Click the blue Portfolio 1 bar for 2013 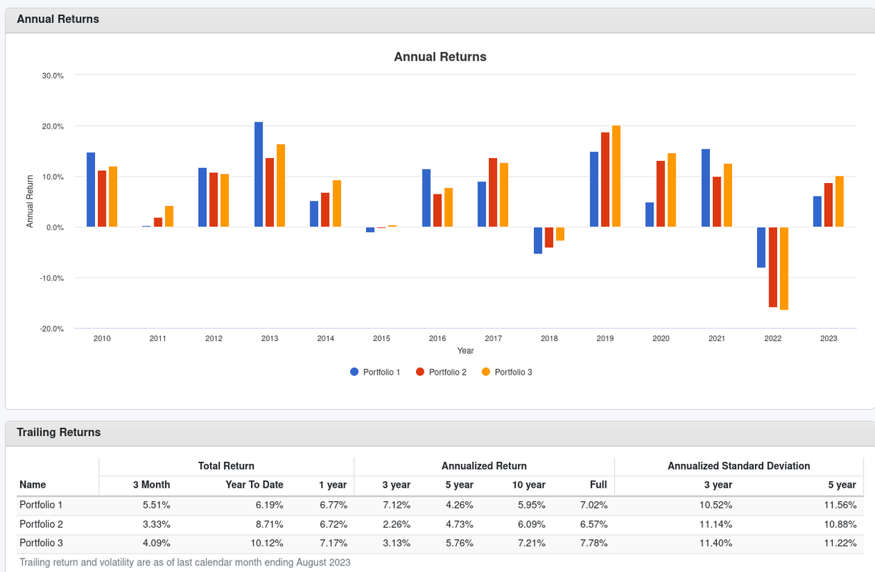[259, 174]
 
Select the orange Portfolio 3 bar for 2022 [784, 268]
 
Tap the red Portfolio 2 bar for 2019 [605, 180]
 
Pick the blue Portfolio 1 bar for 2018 [538, 240]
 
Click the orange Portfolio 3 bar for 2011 [169, 217]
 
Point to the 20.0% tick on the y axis [54, 127]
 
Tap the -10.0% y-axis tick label [52, 278]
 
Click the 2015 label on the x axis [382, 338]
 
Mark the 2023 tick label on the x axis [829, 338]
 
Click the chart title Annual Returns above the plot [440, 56]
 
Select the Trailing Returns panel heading [59, 433]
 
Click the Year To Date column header [254, 485]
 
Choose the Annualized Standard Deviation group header [738, 466]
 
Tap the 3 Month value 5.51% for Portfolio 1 [155, 505]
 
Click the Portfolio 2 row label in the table [41, 524]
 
